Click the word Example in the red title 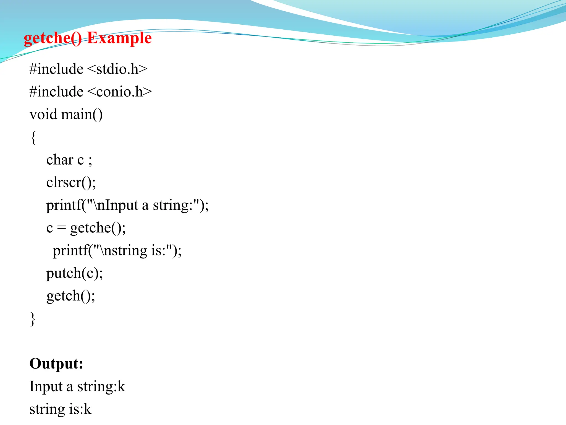click(119, 38)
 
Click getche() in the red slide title click(53, 38)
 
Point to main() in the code click(82, 114)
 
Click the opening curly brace click(33, 138)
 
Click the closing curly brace click(33, 319)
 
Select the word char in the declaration click(60, 160)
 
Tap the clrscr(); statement click(71, 183)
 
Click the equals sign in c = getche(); click(61, 228)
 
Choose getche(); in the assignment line click(98, 228)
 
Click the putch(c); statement click(74, 273)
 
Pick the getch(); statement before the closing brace click(71, 296)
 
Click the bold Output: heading click(56, 364)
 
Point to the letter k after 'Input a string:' click(121, 386)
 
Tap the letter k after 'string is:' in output click(87, 409)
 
